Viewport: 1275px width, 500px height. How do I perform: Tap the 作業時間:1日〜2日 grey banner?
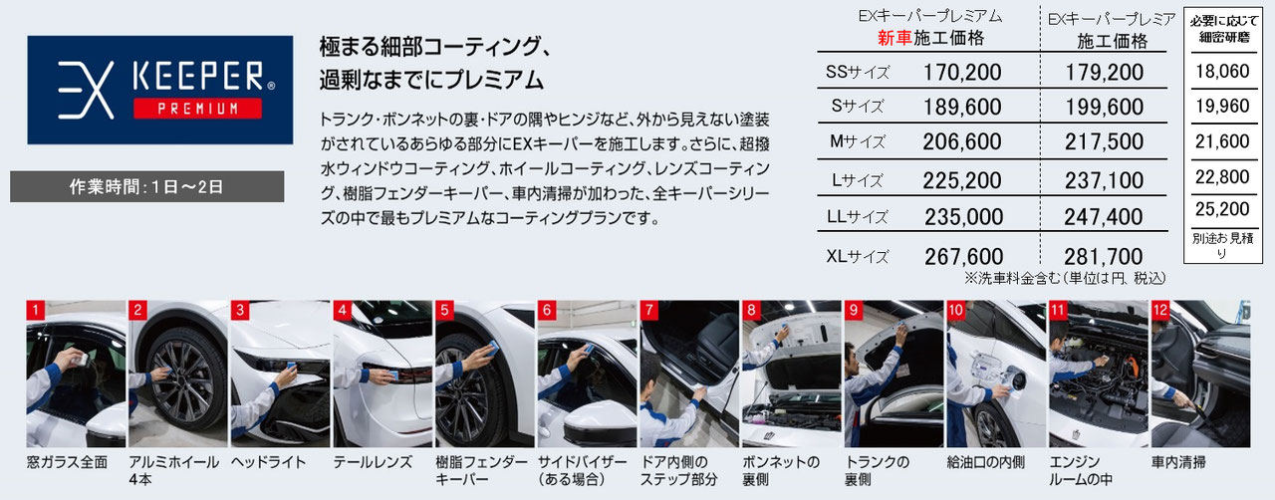pyautogui.click(x=146, y=187)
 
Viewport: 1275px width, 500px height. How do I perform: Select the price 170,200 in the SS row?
pyautogui.click(x=962, y=73)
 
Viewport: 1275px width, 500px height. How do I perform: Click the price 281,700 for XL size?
pyautogui.click(x=1103, y=256)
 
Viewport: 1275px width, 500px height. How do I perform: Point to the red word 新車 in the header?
pyautogui.click(x=894, y=39)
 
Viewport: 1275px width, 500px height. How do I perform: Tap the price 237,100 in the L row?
pyautogui.click(x=1103, y=179)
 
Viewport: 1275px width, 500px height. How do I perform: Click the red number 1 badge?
pyautogui.click(x=36, y=310)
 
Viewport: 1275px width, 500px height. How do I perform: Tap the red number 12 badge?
pyautogui.click(x=1159, y=310)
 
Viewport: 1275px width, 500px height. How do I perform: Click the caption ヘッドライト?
pyautogui.click(x=268, y=462)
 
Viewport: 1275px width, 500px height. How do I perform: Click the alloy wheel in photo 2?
pyautogui.click(x=179, y=383)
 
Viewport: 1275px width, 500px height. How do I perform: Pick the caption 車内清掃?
pyautogui.click(x=1178, y=462)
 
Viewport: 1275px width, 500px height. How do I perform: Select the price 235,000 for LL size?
pyautogui.click(x=962, y=216)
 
